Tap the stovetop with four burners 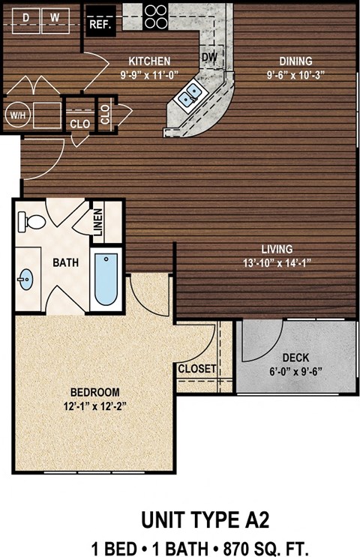click(x=155, y=16)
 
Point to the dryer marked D click(x=26, y=16)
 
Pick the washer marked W click(x=55, y=16)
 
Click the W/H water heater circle click(x=16, y=115)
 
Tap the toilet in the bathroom click(x=30, y=220)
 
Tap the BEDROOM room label click(x=95, y=392)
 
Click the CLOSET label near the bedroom click(x=197, y=369)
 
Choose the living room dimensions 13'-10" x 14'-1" click(x=277, y=262)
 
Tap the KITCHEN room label click(x=150, y=61)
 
